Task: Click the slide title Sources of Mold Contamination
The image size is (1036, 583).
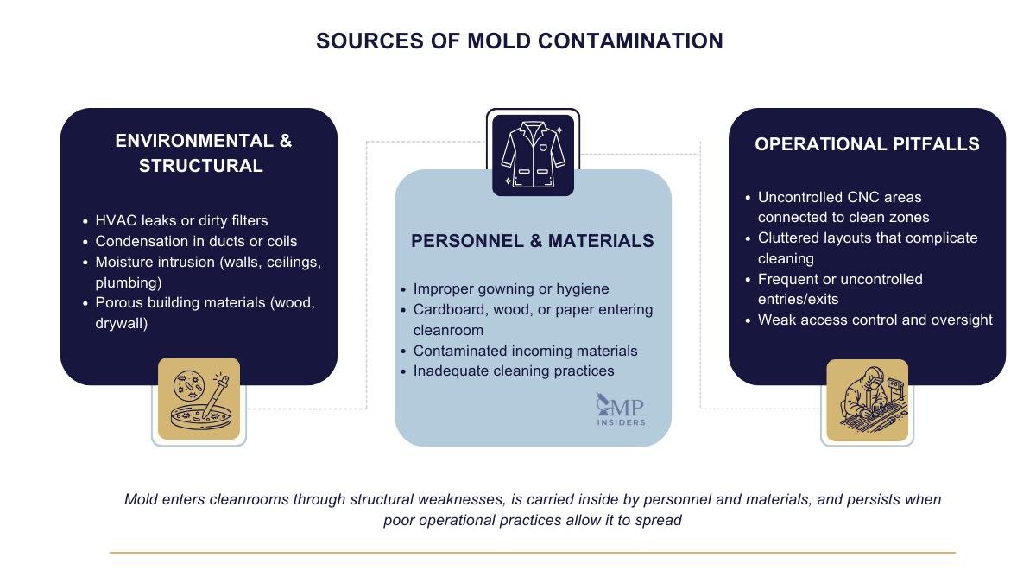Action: (x=520, y=41)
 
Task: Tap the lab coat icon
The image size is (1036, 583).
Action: (x=533, y=155)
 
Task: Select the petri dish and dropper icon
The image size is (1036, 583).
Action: (x=199, y=399)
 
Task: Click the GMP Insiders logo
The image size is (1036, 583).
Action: (x=621, y=409)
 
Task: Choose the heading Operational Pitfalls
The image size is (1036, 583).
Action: (x=867, y=144)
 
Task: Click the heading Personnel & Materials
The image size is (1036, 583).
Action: (x=533, y=241)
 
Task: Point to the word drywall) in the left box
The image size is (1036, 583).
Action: (x=121, y=323)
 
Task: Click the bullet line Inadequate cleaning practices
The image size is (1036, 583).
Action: (x=514, y=371)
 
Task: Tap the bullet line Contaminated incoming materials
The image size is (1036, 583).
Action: (x=526, y=352)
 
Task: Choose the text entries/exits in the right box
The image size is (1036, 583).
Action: (x=799, y=300)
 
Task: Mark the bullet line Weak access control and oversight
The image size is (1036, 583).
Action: (x=875, y=320)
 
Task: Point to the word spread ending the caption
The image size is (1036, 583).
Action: (x=658, y=521)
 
